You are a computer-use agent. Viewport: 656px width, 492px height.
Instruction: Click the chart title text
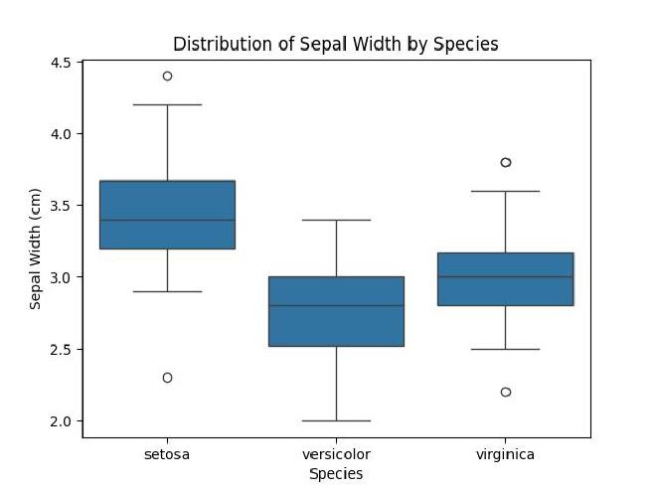point(335,44)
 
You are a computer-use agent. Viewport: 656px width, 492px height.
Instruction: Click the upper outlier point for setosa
point(167,76)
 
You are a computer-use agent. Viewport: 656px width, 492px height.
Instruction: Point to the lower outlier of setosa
point(167,378)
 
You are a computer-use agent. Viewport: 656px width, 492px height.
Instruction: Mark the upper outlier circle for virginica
point(505,162)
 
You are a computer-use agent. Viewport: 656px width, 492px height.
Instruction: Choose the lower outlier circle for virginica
point(505,392)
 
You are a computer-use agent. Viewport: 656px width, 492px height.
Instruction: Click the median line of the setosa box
point(167,220)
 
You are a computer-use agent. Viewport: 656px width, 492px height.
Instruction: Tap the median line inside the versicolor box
point(336,306)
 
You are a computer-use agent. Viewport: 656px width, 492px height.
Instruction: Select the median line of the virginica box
point(505,277)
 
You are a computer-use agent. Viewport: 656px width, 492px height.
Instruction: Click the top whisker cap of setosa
point(167,104)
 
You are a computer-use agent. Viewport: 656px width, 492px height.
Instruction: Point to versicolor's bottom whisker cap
point(336,420)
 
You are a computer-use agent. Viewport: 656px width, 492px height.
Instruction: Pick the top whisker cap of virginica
point(505,191)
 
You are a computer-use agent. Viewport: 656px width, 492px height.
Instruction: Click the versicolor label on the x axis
point(336,454)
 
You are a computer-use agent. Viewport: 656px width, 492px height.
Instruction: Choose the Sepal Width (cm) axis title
point(36,248)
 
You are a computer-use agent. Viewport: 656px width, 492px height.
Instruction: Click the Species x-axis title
point(336,474)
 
